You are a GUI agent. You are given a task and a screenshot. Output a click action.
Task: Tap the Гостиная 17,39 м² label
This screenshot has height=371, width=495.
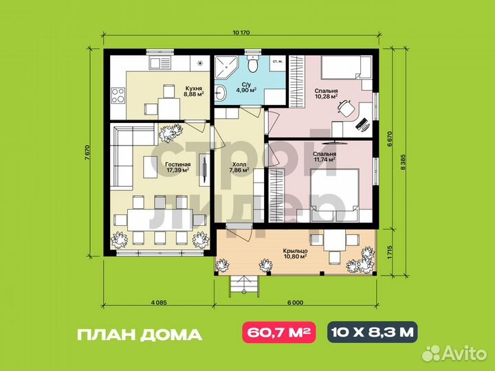177,166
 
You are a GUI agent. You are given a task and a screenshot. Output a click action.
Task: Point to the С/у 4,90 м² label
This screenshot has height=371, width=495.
246,87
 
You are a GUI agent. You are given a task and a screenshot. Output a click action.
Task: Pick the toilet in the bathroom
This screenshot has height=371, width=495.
253,65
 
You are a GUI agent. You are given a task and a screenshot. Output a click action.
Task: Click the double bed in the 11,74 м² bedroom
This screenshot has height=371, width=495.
335,194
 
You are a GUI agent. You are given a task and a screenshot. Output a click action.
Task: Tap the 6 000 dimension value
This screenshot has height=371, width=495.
296,302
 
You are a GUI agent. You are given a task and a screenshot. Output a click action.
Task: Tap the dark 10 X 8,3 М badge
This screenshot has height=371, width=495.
371,334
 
